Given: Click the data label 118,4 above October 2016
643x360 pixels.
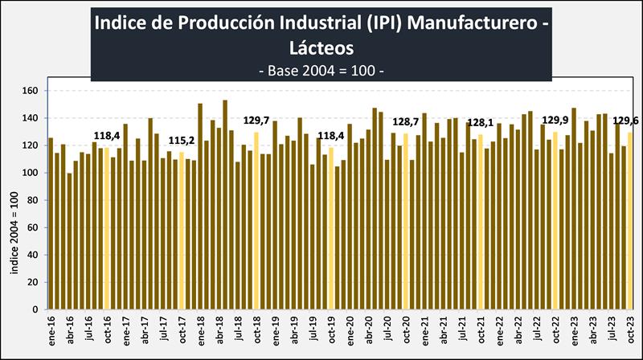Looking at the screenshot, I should tap(107, 136).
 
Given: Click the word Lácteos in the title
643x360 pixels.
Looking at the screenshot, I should tap(321, 47).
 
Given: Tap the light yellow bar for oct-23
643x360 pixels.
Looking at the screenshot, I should tap(630, 220).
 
